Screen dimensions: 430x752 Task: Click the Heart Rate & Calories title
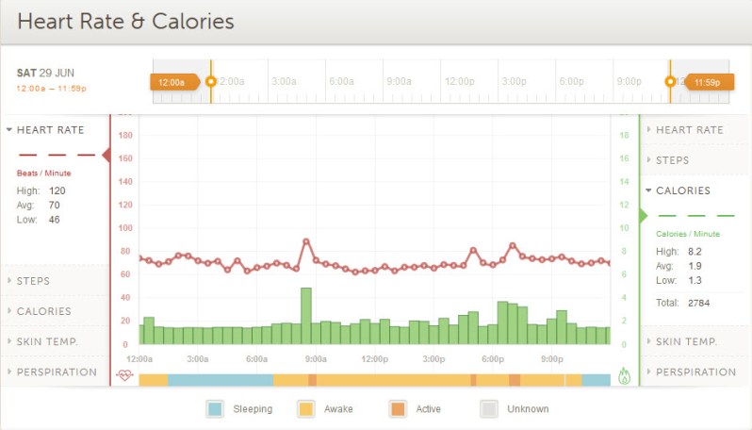click(x=126, y=21)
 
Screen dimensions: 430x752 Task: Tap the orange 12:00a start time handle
click(x=173, y=82)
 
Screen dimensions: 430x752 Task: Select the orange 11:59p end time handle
click(x=707, y=82)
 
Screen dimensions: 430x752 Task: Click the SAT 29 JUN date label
click(x=45, y=73)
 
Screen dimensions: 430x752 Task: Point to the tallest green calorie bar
click(x=305, y=316)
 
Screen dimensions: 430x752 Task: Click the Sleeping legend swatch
click(x=215, y=409)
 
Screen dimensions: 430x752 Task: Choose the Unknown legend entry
click(x=515, y=409)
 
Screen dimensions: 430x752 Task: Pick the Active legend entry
click(x=415, y=409)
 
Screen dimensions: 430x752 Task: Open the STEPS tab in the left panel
click(x=34, y=281)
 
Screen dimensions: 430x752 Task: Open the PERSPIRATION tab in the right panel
click(x=695, y=372)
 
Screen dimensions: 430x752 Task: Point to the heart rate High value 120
click(x=57, y=190)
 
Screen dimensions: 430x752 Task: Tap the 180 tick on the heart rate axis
click(x=124, y=136)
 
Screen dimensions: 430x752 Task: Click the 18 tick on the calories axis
click(x=624, y=136)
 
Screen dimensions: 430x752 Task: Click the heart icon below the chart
click(x=124, y=375)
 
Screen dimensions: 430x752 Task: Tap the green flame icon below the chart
click(x=624, y=376)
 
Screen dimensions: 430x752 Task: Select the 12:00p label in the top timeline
click(x=459, y=82)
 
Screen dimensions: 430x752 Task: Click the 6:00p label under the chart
click(x=493, y=359)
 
